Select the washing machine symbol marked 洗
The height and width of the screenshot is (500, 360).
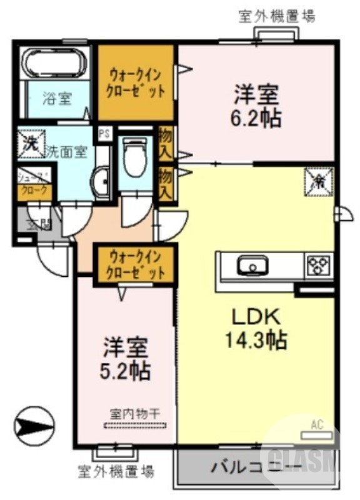[30, 142]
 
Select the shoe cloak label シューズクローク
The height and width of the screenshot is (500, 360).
[33, 184]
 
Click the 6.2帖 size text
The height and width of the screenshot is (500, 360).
[257, 117]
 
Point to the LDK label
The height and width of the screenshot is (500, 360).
[256, 316]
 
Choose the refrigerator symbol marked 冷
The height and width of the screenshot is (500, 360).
[319, 181]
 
